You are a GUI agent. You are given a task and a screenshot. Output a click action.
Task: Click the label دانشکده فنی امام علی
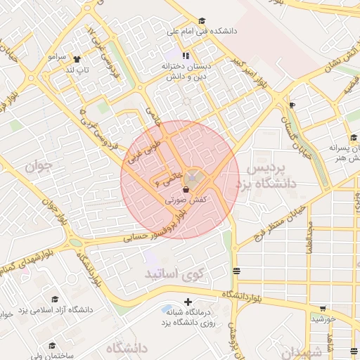tap(201, 32)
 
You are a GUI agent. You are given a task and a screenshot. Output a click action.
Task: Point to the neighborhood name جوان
tap(38, 167)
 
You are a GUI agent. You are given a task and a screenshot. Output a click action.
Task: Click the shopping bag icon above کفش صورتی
tap(186, 190)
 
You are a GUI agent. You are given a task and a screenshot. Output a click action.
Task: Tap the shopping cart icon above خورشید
tap(323, 308)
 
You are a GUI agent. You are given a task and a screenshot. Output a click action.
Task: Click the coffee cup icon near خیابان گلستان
tap(292, 105)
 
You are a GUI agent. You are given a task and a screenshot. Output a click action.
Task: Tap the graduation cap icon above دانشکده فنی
tap(202, 21)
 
